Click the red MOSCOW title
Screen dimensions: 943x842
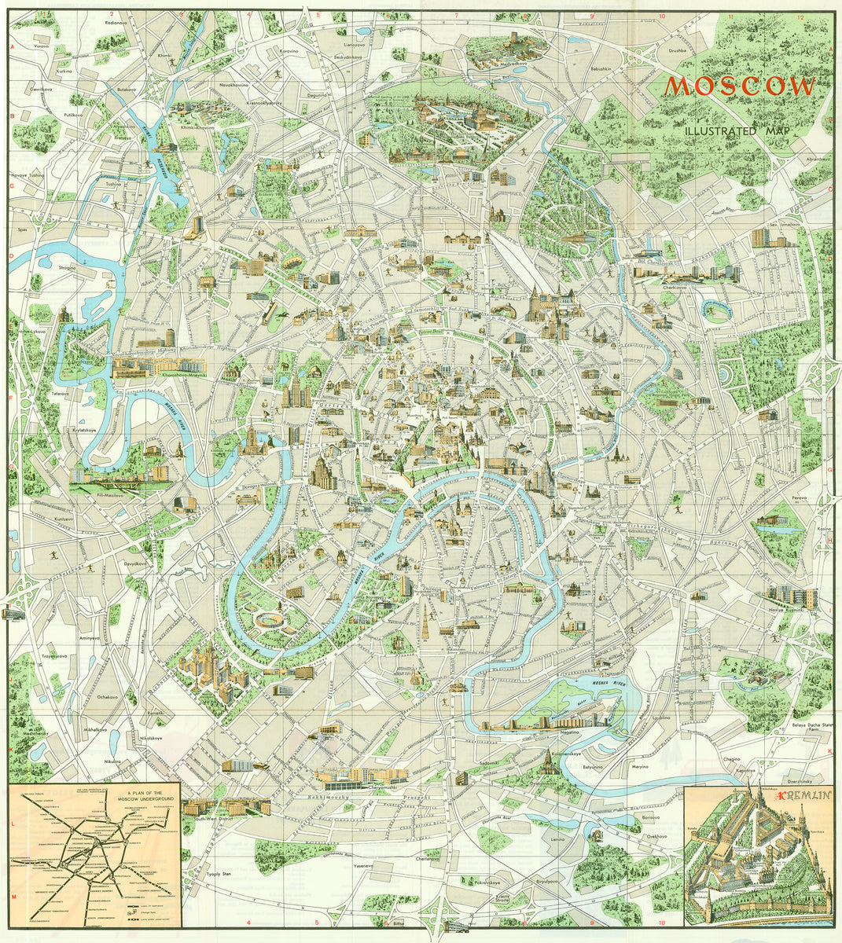coord(741,86)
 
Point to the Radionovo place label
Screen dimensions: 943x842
coord(116,23)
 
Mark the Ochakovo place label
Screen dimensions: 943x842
coord(107,697)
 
